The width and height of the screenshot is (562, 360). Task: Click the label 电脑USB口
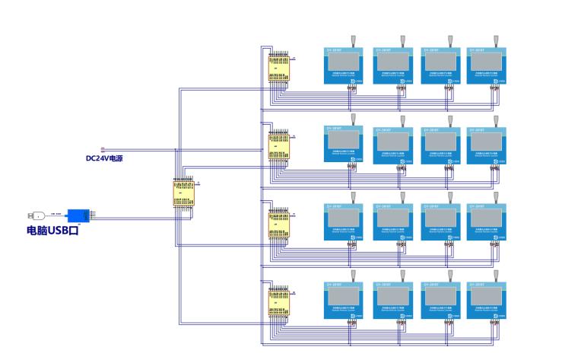[x=52, y=230]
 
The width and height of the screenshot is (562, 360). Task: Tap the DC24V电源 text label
[x=104, y=159]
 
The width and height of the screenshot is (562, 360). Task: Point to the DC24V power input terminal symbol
[x=103, y=150]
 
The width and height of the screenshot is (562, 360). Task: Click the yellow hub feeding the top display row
[x=278, y=66]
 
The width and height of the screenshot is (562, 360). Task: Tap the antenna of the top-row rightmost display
[x=496, y=40]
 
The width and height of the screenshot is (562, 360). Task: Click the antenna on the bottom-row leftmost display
[x=354, y=273]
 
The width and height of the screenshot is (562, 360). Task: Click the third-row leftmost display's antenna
[x=354, y=196]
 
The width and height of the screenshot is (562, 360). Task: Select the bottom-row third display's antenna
[x=449, y=273]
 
